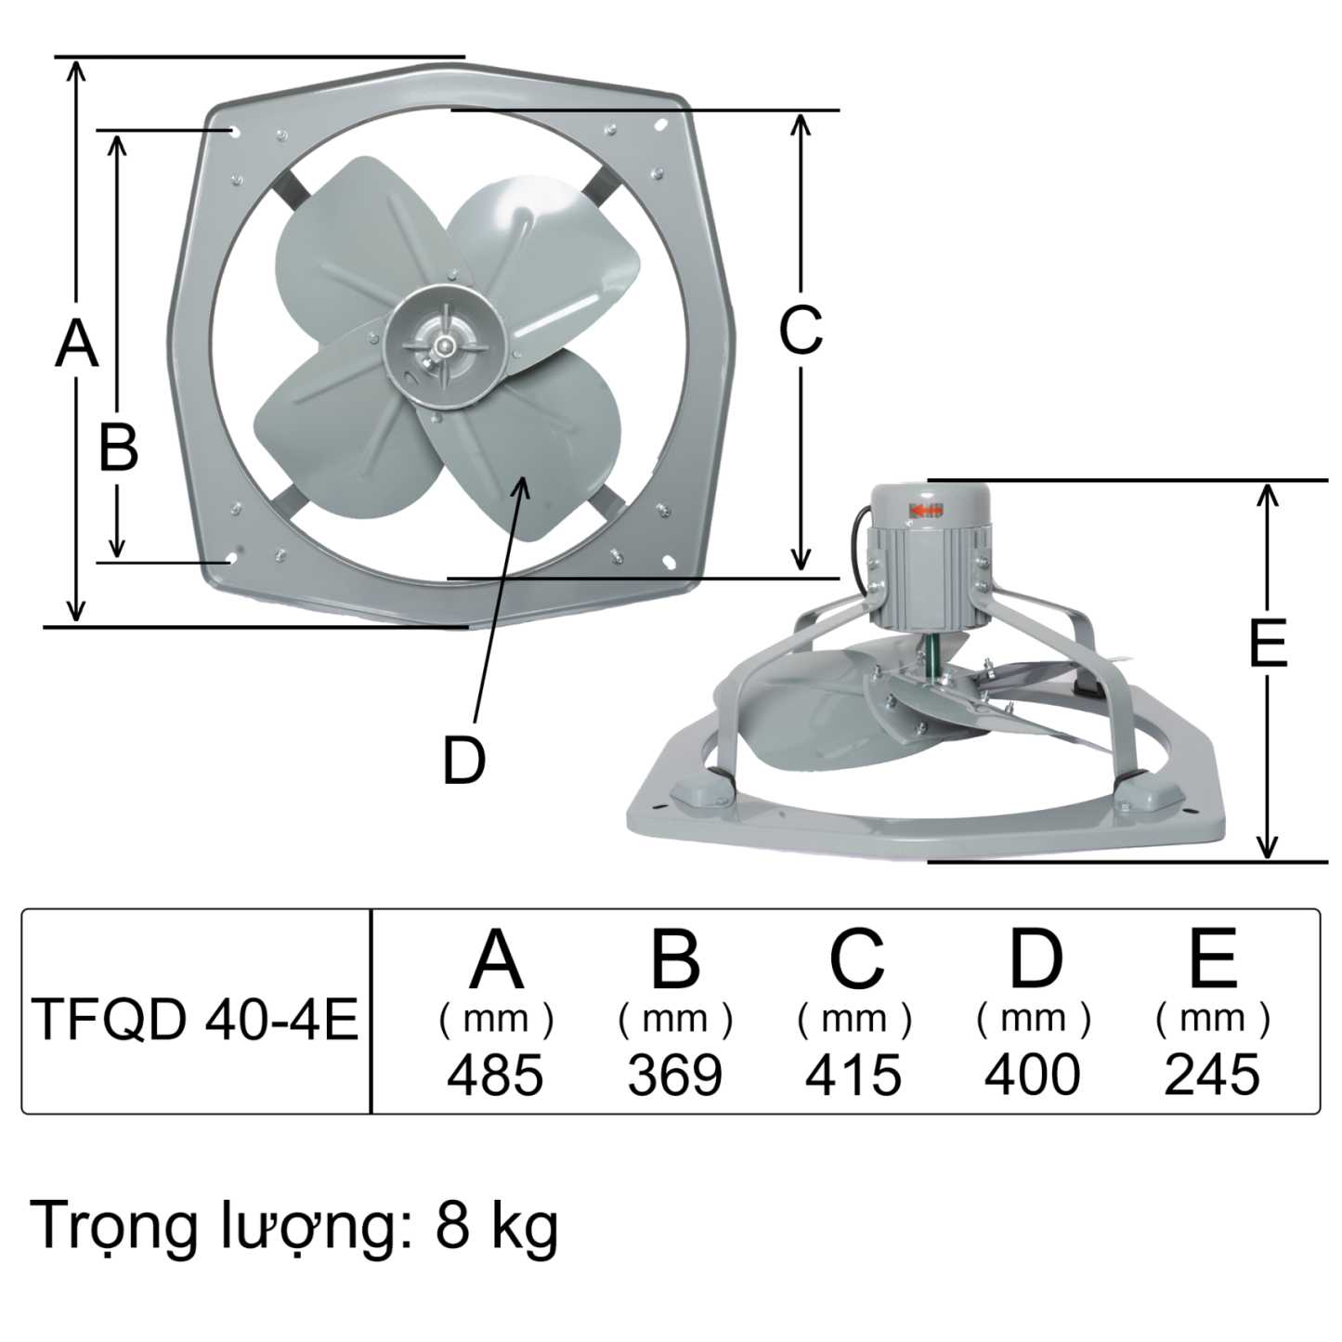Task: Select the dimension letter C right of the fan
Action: coord(800,329)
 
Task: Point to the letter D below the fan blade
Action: coord(463,761)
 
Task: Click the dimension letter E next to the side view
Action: coord(1268,643)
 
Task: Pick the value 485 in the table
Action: coord(495,1075)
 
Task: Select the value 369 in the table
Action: coord(674,1075)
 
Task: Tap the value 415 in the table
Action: coord(853,1075)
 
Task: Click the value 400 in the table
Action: coord(1032,1075)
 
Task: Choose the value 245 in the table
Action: coord(1212,1075)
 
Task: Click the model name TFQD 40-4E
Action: coord(195,1020)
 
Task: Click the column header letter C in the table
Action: coord(855,959)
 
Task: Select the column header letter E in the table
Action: coord(1213,959)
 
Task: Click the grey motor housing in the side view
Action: coord(929,557)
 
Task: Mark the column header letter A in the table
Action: coord(496,959)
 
